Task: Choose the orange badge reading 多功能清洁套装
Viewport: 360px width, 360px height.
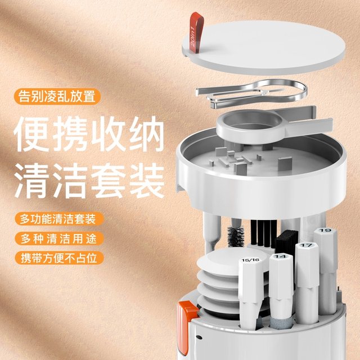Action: point(57,218)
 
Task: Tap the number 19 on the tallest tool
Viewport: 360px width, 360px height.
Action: point(324,231)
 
